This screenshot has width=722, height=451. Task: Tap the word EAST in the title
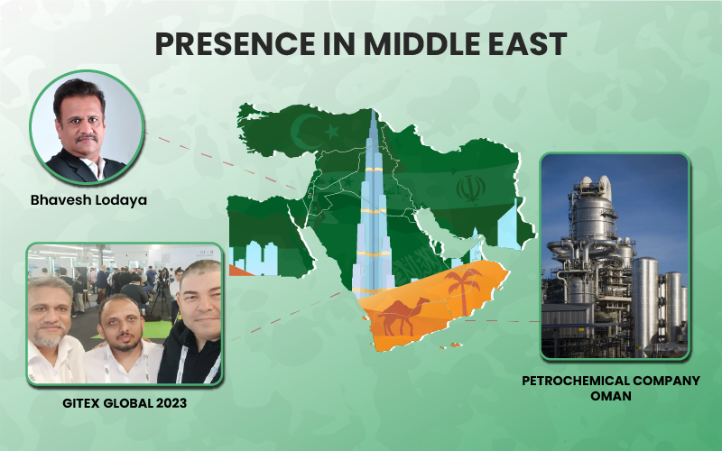coord(523,44)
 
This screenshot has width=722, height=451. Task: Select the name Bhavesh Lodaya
coord(88,200)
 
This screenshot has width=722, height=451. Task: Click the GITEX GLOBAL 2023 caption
coord(125,403)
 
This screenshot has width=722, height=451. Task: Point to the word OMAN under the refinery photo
coord(611,396)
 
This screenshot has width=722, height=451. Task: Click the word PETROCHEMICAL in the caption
coord(575,381)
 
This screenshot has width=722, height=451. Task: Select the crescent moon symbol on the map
coord(306,130)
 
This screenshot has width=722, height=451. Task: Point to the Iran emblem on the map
coord(470,189)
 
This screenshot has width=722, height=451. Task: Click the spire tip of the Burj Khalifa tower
coord(373,109)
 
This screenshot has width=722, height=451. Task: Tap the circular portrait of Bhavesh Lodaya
coord(87,127)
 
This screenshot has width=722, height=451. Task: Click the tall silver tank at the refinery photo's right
coord(644,305)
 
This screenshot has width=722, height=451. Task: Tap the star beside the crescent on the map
coord(332,132)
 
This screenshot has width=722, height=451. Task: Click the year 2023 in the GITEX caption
coord(171,403)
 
